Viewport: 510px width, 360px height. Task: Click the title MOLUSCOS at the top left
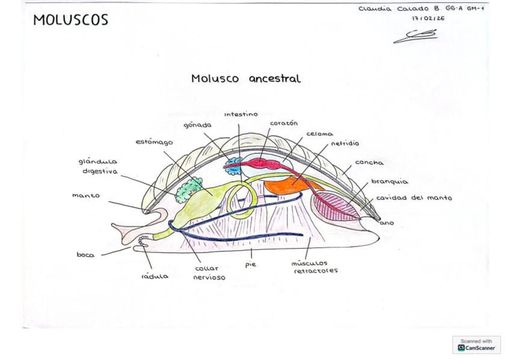tap(70, 20)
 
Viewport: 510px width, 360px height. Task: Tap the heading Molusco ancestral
tap(246, 79)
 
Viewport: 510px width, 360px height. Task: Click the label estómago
tap(154, 142)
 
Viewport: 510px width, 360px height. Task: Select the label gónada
tap(197, 125)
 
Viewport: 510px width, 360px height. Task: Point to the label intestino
tap(241, 114)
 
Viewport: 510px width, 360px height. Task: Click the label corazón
tap(284, 123)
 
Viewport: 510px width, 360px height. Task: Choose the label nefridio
tap(345, 143)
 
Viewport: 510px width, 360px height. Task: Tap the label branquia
tap(390, 182)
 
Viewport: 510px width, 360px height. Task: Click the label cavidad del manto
tap(414, 198)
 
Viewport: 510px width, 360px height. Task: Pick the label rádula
tap(155, 276)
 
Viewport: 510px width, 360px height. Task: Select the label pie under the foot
tap(250, 265)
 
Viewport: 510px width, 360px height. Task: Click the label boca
tap(85, 255)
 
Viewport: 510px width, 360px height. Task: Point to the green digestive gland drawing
tap(189, 190)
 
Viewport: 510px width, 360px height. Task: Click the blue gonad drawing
tap(234, 166)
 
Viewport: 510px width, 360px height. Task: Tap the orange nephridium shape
tap(289, 186)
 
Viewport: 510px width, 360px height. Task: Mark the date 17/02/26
tap(428, 19)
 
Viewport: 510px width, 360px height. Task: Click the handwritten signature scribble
tap(416, 36)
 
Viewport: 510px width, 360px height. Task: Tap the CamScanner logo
tap(476, 345)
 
